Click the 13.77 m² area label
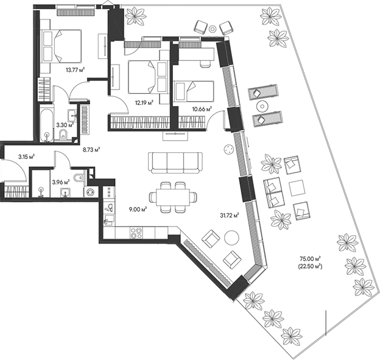(x=75, y=69)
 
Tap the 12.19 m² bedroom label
(x=142, y=102)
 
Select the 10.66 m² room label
(x=201, y=108)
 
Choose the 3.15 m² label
(x=25, y=157)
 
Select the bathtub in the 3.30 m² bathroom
(x=46, y=124)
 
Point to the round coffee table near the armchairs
(x=232, y=238)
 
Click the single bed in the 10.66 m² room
(x=194, y=91)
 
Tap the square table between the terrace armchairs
(x=297, y=188)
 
